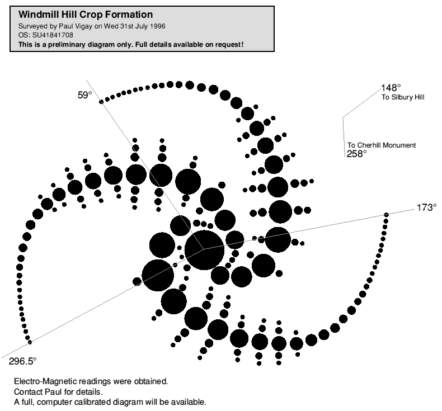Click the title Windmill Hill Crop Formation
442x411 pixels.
86,14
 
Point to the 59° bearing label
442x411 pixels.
84,96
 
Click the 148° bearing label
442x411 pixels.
391,88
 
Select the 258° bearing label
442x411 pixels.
357,154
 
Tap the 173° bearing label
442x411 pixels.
426,207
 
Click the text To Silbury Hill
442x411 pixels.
403,97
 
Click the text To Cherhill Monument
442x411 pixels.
382,145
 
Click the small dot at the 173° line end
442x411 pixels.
386,215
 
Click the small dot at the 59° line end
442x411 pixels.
101,101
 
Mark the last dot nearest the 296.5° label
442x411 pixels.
30,342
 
